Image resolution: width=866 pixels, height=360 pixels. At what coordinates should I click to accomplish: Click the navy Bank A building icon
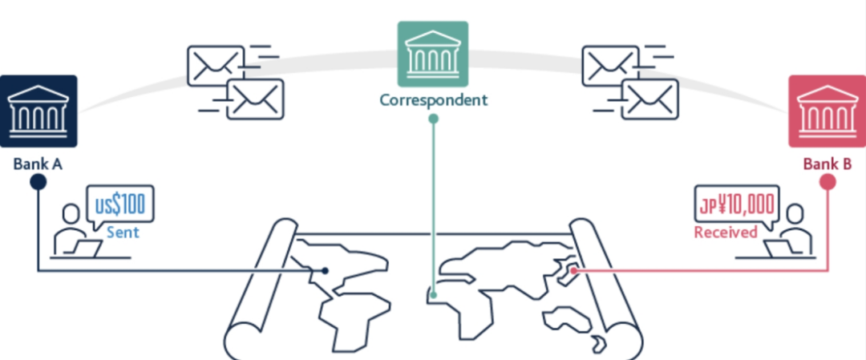tap(38, 111)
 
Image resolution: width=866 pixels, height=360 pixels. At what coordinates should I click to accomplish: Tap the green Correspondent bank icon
tap(433, 55)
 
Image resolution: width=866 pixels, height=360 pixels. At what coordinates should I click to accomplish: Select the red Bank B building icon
tap(826, 111)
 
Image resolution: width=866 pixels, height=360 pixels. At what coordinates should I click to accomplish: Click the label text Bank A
tap(38, 164)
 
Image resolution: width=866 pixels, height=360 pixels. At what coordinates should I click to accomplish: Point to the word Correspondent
tap(433, 101)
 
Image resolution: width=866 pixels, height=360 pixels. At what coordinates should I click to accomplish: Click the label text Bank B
tap(827, 164)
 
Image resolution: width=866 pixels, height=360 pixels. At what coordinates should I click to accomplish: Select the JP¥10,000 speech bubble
tap(735, 205)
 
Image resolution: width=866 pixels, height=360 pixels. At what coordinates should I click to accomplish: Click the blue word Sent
tap(123, 233)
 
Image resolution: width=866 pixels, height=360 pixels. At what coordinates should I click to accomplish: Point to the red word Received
tap(726, 233)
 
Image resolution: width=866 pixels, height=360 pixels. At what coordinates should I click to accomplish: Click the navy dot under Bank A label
tap(38, 182)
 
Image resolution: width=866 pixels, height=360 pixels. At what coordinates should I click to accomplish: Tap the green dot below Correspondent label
tap(433, 119)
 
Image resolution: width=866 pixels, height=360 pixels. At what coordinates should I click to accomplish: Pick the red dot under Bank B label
tap(828, 182)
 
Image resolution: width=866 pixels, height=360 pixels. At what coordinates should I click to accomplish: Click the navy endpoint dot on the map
tap(325, 271)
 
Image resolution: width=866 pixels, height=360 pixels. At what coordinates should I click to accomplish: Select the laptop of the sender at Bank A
tap(86, 249)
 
